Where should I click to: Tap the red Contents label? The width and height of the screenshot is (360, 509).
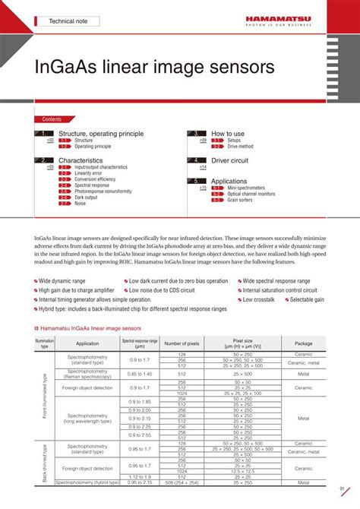[52, 119]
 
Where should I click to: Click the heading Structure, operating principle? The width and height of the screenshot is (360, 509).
[101, 134]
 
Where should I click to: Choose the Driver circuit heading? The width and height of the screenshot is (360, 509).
[230, 161]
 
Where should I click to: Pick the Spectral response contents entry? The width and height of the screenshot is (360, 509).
[92, 185]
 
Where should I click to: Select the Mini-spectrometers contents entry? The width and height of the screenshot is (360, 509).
[249, 188]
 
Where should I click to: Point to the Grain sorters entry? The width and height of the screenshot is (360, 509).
[241, 200]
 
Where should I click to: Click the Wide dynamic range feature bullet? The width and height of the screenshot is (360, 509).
[65, 281]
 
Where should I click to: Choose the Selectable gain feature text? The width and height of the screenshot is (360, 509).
[307, 299]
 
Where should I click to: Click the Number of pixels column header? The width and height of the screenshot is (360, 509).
[182, 343]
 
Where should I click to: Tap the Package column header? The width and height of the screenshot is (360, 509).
[303, 343]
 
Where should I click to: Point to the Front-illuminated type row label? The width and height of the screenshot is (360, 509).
[45, 395]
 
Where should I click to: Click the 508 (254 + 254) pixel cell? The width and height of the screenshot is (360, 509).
[182, 482]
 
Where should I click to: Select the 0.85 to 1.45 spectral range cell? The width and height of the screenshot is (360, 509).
[141, 374]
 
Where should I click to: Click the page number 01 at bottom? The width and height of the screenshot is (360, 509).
[343, 488]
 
